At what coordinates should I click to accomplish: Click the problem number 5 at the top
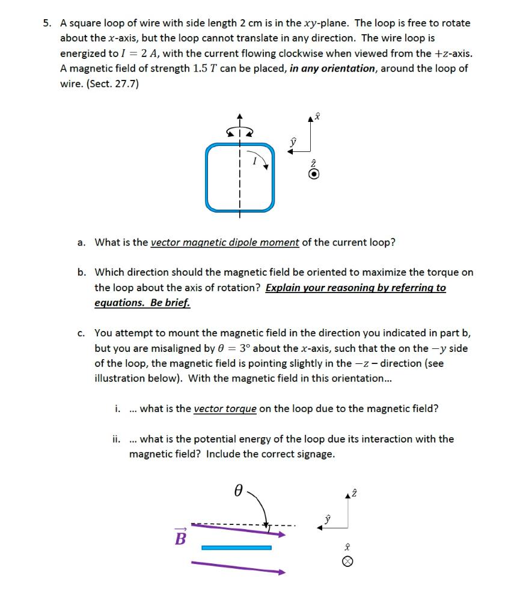46,23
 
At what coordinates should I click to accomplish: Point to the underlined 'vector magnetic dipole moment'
224,243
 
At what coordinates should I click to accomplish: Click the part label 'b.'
82,273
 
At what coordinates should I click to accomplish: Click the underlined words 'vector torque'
225,409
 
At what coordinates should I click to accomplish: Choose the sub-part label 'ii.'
117,439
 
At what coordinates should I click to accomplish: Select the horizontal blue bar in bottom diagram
236,548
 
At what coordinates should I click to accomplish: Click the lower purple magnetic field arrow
238,568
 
